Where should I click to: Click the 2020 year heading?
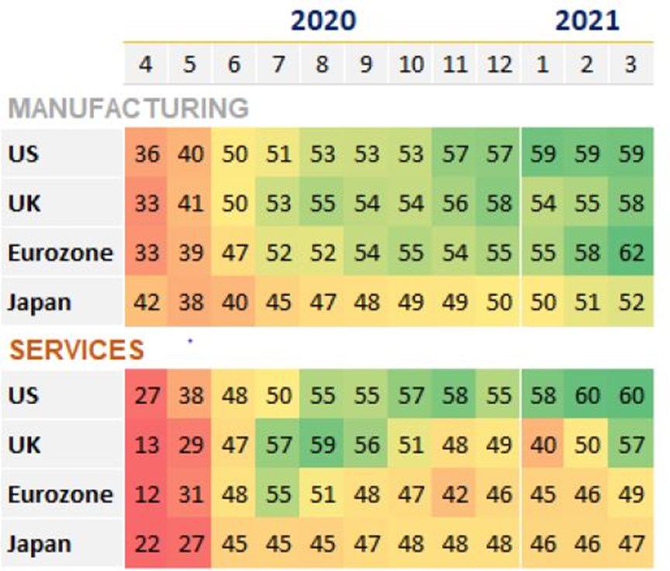(323, 20)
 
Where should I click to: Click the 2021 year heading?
(587, 20)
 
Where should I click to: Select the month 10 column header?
(411, 64)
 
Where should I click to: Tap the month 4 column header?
(146, 64)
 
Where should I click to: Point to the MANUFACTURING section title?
(128, 108)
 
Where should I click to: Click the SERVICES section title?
(77, 350)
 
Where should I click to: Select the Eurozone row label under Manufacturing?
(60, 253)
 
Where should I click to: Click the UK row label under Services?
(24, 445)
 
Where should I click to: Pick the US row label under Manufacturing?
(23, 154)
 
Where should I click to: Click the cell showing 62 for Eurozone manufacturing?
(631, 252)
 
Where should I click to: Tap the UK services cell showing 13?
(147, 445)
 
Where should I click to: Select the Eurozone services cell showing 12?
(147, 494)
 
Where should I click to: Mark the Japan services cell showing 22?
(147, 544)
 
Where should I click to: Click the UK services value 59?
(322, 445)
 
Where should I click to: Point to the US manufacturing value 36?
(147, 154)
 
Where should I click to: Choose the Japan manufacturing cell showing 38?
(190, 302)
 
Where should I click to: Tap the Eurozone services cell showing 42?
(454, 494)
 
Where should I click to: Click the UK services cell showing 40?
(543, 445)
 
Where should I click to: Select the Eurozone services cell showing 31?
(190, 494)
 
